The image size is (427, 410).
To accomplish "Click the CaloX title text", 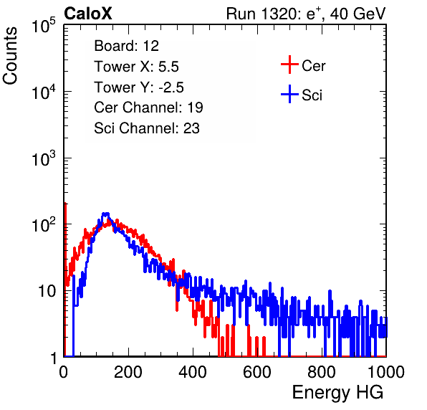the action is coord(87,14).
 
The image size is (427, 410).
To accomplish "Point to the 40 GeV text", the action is coord(358,14).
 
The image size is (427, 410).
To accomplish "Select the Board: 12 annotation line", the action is coord(126,46).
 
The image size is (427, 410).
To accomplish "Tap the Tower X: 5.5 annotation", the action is coord(136,67).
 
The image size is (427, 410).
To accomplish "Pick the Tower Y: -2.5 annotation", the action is coord(139,87).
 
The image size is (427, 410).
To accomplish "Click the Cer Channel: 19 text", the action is coord(148,108).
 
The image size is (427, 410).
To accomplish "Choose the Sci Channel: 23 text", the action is coord(147,128).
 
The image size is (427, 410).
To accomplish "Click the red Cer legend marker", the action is coord(289,65).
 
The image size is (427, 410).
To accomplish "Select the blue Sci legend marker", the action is coord(289,94).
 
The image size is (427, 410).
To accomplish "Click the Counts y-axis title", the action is coord(10,56).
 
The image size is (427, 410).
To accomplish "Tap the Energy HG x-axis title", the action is coord(337,392).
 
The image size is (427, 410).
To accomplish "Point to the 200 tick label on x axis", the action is coord(128,372).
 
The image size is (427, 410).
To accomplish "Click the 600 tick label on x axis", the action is coord(257,372).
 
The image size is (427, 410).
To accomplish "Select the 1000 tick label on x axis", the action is coord(386,372).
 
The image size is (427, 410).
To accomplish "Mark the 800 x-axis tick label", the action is coord(322,372).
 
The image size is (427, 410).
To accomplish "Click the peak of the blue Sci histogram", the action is coord(105,214).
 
